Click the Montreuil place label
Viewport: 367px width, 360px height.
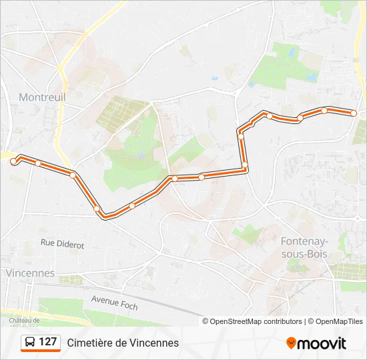pyautogui.click(x=43, y=97)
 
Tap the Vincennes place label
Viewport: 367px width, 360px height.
pyautogui.click(x=30, y=273)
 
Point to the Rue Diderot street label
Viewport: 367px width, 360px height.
pyautogui.click(x=62, y=244)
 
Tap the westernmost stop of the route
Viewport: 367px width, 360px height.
pyautogui.click(x=13, y=161)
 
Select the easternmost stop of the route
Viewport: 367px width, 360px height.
pyautogui.click(x=354, y=113)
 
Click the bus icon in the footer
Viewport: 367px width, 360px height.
pyautogui.click(x=30, y=342)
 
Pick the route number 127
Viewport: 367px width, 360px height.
pyautogui.click(x=48, y=342)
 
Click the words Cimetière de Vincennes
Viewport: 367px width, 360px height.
pyautogui.click(x=123, y=343)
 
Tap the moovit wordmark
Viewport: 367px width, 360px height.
pyautogui.click(x=322, y=343)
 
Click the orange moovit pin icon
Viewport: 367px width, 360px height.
pyautogui.click(x=291, y=343)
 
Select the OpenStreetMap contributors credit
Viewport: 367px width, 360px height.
pyautogui.click(x=252, y=321)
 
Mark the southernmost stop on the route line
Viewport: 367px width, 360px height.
pyautogui.click(x=104, y=215)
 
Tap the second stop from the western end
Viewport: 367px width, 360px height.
pyautogui.click(x=38, y=163)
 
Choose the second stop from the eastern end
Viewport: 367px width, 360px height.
pyautogui.click(x=324, y=110)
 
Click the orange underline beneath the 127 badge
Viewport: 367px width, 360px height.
pyautogui.click(x=41, y=351)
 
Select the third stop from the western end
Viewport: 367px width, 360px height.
pyautogui.click(x=73, y=175)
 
